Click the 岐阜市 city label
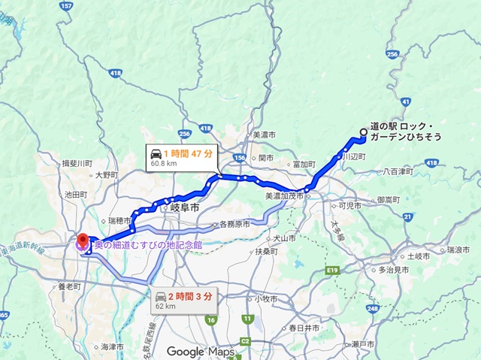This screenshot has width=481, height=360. (x=184, y=207)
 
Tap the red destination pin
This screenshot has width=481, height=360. (x=82, y=240)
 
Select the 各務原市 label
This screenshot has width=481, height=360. (x=232, y=224)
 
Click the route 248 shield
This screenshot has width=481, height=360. (x=371, y=308)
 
